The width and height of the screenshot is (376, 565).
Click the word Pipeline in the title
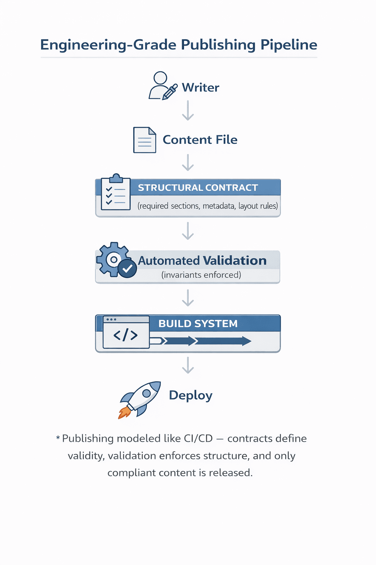pyautogui.click(x=289, y=45)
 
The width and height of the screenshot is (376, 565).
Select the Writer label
pyautogui.click(x=200, y=88)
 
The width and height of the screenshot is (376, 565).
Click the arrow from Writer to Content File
pyautogui.click(x=188, y=110)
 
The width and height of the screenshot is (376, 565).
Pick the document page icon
pyautogui.click(x=144, y=140)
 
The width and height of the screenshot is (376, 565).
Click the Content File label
pyautogui.click(x=200, y=140)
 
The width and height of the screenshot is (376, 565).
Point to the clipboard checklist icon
pyautogui.click(x=116, y=192)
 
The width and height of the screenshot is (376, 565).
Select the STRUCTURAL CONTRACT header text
pyautogui.click(x=198, y=188)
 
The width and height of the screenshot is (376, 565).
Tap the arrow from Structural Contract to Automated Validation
pyautogui.click(x=188, y=231)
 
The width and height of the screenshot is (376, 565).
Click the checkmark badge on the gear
pyautogui.click(x=127, y=269)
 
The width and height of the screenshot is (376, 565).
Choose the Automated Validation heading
pyautogui.click(x=202, y=260)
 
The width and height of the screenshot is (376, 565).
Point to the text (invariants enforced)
pyautogui.click(x=201, y=275)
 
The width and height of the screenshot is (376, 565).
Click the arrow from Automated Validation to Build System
pyautogui.click(x=188, y=298)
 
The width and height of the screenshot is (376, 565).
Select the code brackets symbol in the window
pyautogui.click(x=126, y=335)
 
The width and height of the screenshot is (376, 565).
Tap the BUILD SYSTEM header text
pyautogui.click(x=198, y=324)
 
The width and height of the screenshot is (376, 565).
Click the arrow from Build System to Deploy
pyautogui.click(x=188, y=365)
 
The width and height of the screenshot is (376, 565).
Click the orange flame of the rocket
pyautogui.click(x=124, y=413)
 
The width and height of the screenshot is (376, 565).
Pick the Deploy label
pyautogui.click(x=191, y=395)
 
